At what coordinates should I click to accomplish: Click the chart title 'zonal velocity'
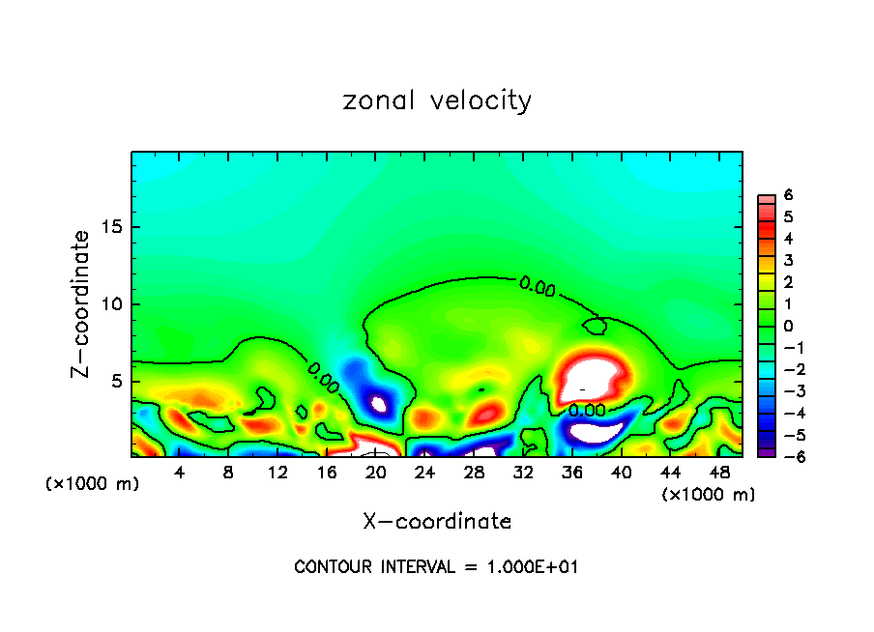(437, 101)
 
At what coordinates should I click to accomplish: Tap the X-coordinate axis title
(437, 522)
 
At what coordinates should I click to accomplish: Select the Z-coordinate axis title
(83, 303)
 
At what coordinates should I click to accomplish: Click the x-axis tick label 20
(376, 473)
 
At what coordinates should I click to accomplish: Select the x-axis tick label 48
(718, 473)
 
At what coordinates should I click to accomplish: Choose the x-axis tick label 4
(180, 473)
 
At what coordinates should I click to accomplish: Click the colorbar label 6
(788, 194)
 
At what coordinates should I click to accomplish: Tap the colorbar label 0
(788, 326)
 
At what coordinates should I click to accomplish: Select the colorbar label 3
(788, 260)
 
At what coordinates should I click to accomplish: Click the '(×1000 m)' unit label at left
(93, 484)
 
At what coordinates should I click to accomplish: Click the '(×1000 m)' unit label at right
(708, 495)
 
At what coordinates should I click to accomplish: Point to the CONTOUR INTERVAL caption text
(436, 566)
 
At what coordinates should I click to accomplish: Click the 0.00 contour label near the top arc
(538, 285)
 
